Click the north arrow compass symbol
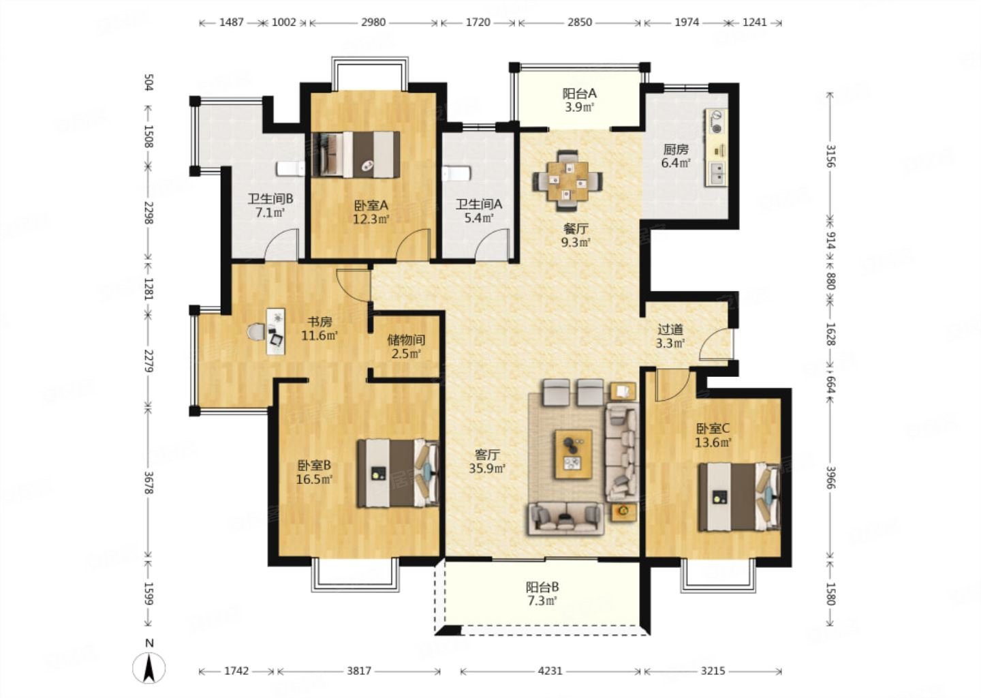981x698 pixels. [149, 669]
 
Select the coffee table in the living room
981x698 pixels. [574, 454]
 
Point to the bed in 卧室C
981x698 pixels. [739, 497]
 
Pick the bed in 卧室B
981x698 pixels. [398, 473]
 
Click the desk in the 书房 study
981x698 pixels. [275, 331]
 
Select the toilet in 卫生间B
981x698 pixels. [291, 168]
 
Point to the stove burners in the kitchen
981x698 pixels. [717, 121]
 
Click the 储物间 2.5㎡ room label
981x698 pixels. [406, 346]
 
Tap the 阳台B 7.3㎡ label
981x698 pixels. [542, 594]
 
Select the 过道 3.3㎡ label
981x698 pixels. [670, 336]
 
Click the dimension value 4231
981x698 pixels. [550, 671]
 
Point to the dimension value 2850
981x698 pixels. [580, 22]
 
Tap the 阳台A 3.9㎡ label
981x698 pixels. [579, 100]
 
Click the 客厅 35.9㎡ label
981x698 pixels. [487, 461]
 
